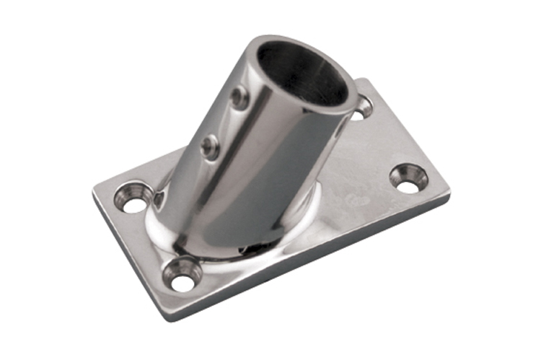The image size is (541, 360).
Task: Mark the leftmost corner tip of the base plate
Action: click(x=94, y=193)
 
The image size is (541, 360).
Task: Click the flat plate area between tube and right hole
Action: click(x=361, y=173)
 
